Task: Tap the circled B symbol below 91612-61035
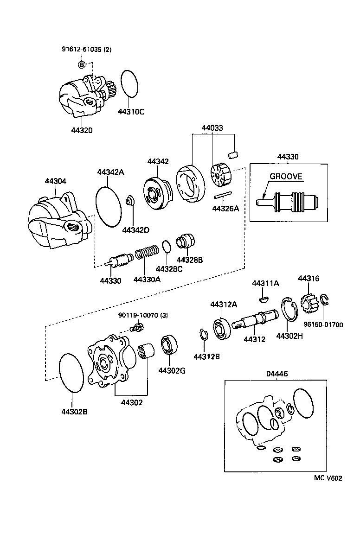[81, 64]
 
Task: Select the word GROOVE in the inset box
[286, 176]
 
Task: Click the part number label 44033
[212, 127]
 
